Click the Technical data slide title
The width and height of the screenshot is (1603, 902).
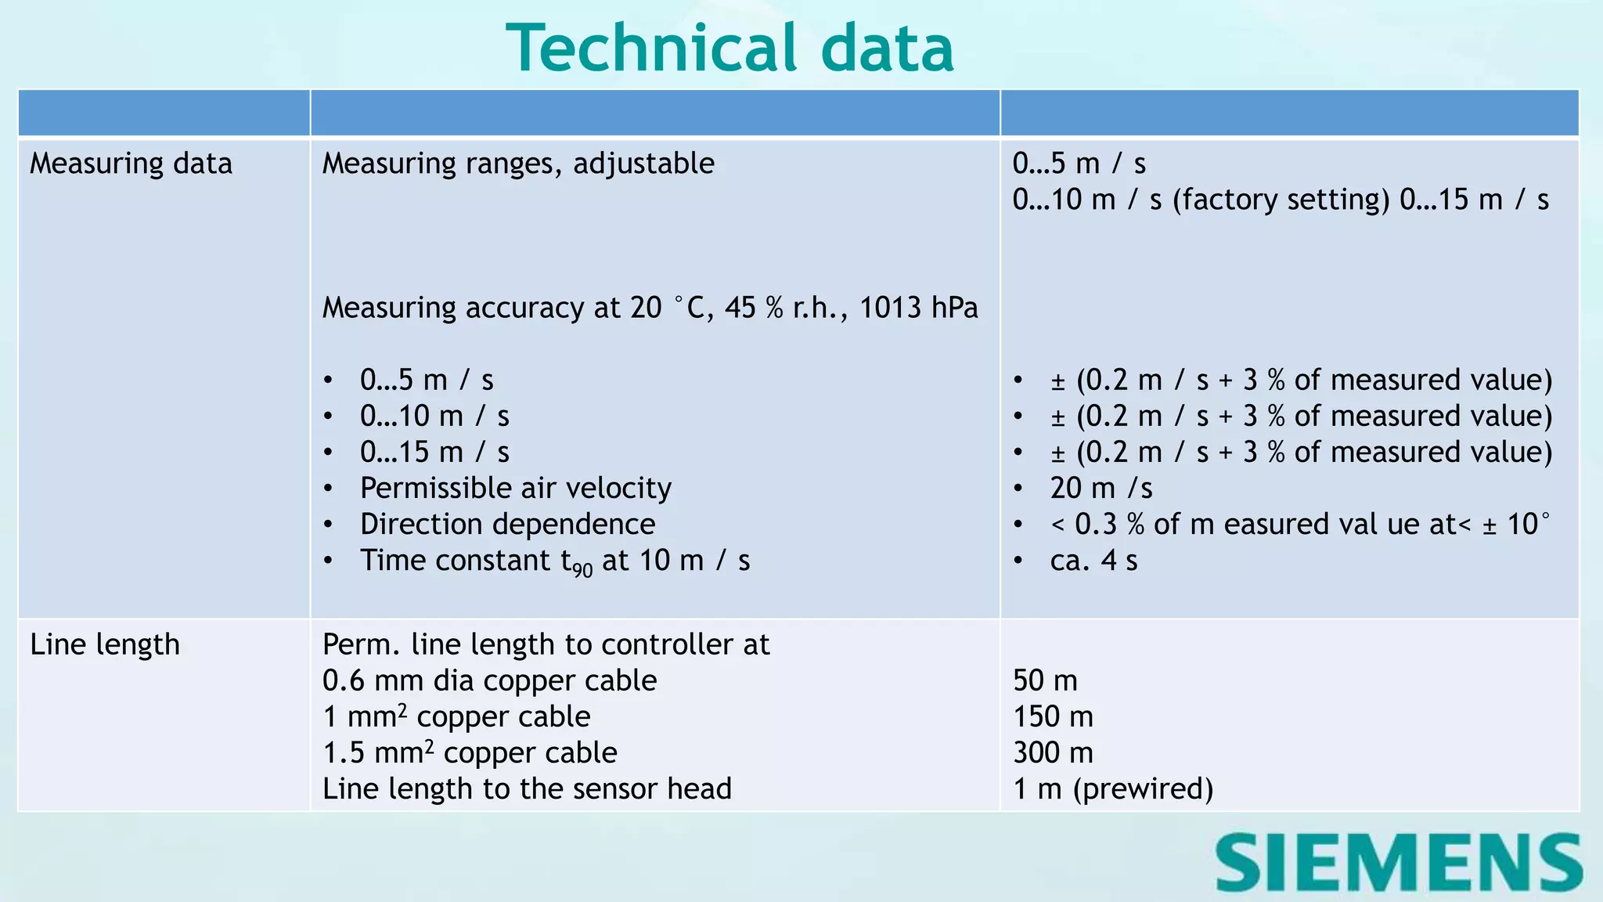(729, 49)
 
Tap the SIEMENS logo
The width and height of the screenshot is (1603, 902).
(1399, 862)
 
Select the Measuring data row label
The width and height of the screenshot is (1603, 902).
(131, 164)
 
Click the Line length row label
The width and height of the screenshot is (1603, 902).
(105, 644)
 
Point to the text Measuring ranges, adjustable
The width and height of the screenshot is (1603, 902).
(518, 164)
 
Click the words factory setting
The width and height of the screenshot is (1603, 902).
(1281, 200)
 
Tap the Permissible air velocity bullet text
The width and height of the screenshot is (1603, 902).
(515, 489)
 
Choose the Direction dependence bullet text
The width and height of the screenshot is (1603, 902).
(507, 525)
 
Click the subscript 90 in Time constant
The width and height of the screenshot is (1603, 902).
(582, 570)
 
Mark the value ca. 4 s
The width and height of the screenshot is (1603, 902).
(1093, 561)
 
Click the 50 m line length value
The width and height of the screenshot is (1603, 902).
(1045, 680)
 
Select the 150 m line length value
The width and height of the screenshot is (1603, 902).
(1053, 716)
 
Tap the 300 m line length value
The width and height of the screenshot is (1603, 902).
(1053, 752)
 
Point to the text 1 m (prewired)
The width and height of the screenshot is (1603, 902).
(1112, 788)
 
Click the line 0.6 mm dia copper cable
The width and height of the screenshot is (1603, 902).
(489, 680)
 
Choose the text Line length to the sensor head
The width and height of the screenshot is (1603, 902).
(527, 788)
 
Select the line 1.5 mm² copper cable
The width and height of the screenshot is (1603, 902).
(470, 752)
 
